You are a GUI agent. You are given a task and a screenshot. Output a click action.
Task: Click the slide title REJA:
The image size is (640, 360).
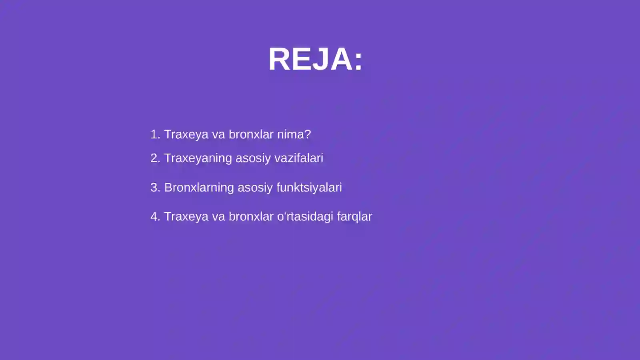(x=315, y=59)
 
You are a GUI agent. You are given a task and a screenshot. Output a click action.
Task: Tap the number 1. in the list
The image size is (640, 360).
(x=155, y=134)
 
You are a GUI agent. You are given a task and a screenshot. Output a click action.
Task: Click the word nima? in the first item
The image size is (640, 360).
(x=294, y=134)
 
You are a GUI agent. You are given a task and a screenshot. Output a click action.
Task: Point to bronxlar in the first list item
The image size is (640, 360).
(x=251, y=134)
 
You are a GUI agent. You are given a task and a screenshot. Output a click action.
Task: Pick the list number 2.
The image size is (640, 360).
(x=155, y=158)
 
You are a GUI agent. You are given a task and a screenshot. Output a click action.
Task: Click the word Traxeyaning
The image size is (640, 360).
(x=198, y=158)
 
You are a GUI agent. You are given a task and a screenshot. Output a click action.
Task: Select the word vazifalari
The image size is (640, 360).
(x=299, y=158)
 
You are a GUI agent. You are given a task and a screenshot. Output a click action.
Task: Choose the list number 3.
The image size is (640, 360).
(x=155, y=187)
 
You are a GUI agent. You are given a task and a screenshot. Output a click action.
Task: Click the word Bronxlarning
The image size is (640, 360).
(x=199, y=187)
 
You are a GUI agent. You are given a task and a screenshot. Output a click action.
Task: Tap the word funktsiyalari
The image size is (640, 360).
(x=309, y=187)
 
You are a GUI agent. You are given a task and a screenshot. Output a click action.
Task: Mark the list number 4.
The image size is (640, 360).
(x=155, y=216)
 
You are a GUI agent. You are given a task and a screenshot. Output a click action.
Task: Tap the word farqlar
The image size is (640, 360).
(x=354, y=216)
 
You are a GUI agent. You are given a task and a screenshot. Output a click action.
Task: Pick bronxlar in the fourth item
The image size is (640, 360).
(x=251, y=216)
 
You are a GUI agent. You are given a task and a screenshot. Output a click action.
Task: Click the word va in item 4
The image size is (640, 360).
(x=218, y=216)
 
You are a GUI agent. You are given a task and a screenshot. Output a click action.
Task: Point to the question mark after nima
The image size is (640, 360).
(x=308, y=134)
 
